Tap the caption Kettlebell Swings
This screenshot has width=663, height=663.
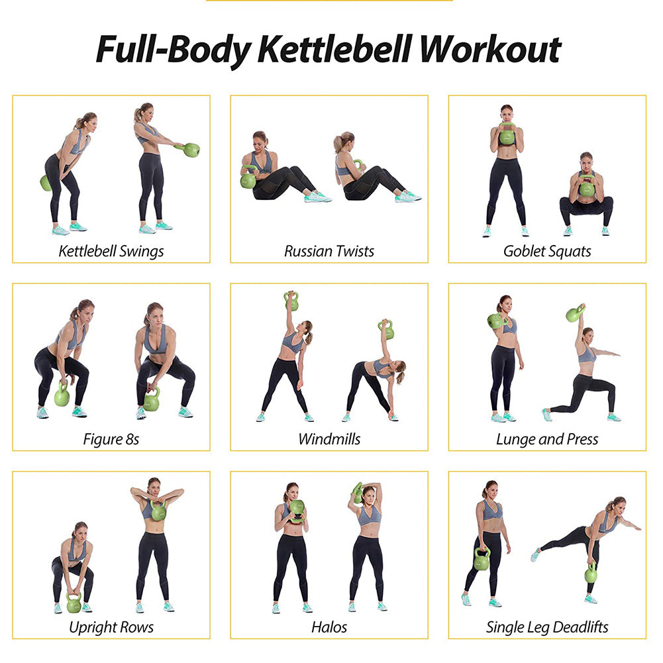[x=111, y=251]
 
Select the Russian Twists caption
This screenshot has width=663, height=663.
[x=329, y=251]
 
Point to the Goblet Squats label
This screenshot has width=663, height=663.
[x=547, y=251]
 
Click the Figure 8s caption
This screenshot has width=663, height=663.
[x=111, y=439]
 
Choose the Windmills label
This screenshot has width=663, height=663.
[x=329, y=439]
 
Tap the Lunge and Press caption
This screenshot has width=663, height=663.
[x=547, y=439]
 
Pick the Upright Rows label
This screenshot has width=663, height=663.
[x=111, y=627]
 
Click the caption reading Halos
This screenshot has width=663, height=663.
[x=329, y=627]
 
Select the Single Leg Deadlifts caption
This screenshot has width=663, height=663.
[x=547, y=627]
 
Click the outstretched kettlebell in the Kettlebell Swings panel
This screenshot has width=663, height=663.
[x=191, y=150]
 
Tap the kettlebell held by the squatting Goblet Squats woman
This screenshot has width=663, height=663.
[x=587, y=188]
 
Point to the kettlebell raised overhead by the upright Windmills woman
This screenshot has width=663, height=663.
[x=291, y=302]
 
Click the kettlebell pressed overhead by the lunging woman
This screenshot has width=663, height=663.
[x=574, y=313]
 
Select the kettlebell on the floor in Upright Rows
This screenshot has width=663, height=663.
[x=74, y=603]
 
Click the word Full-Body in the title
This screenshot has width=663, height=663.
[x=174, y=49]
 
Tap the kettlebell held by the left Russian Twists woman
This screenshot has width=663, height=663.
[x=248, y=179]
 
